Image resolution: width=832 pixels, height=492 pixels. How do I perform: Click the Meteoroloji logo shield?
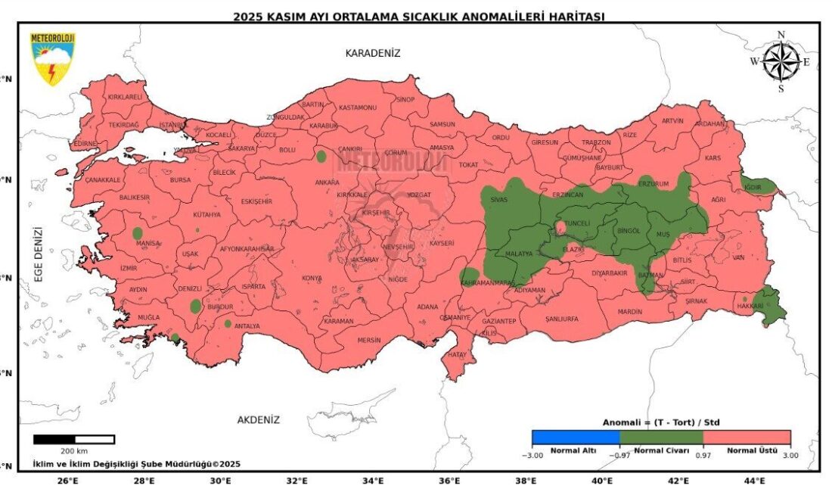[52, 58]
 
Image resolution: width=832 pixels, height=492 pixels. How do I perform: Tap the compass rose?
[781, 61]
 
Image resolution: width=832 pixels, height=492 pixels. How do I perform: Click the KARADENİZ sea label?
[372, 53]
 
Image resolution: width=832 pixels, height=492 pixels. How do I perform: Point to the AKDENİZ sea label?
[259, 419]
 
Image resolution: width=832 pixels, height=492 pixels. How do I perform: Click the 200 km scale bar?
[74, 439]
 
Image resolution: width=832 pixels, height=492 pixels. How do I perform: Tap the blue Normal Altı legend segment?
[575, 437]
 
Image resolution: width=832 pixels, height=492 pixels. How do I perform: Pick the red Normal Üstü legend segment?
[747, 437]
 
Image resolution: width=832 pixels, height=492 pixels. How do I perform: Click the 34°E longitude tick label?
[373, 481]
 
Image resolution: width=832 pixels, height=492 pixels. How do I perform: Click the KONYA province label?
[312, 278]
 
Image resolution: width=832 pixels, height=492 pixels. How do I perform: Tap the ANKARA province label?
[327, 182]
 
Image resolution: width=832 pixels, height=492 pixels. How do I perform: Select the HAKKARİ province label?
[750, 307]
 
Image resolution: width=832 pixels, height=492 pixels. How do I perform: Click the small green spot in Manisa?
[138, 233]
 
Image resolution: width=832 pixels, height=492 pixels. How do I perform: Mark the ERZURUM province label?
[654, 184]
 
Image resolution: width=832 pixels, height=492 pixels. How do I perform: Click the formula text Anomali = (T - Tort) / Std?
[661, 422]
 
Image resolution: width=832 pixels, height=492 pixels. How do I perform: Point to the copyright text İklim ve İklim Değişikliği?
[136, 463]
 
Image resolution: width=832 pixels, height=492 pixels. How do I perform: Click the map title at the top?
[418, 16]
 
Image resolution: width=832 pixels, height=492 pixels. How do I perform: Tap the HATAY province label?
[458, 353]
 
